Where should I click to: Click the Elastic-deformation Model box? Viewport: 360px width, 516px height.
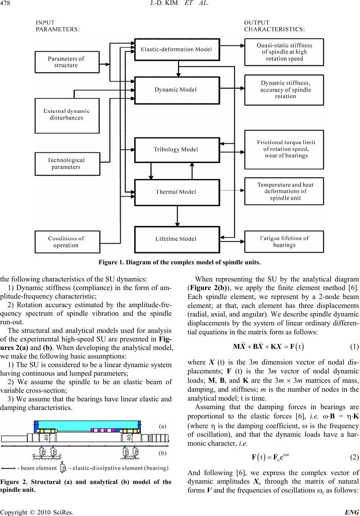176,49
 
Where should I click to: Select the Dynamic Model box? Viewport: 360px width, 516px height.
176,89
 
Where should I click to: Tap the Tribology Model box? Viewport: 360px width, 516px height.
176,150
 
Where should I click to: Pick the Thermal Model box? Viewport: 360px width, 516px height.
176,192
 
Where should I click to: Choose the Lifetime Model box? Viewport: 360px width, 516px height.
176,239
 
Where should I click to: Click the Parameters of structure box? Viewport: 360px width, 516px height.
66,62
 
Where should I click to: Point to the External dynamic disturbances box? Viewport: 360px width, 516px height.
67,115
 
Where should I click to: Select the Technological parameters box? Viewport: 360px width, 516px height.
67,163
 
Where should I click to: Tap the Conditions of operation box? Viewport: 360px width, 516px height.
66,242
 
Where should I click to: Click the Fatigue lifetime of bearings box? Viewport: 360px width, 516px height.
284,241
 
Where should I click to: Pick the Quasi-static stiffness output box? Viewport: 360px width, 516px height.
284,52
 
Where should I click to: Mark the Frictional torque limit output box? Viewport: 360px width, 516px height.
284,149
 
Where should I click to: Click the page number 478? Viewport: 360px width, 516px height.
6,4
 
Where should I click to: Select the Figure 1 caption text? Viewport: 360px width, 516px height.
179,262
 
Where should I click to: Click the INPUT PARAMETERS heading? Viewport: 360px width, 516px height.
57,26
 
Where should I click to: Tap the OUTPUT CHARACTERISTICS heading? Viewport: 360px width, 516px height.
274,26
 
